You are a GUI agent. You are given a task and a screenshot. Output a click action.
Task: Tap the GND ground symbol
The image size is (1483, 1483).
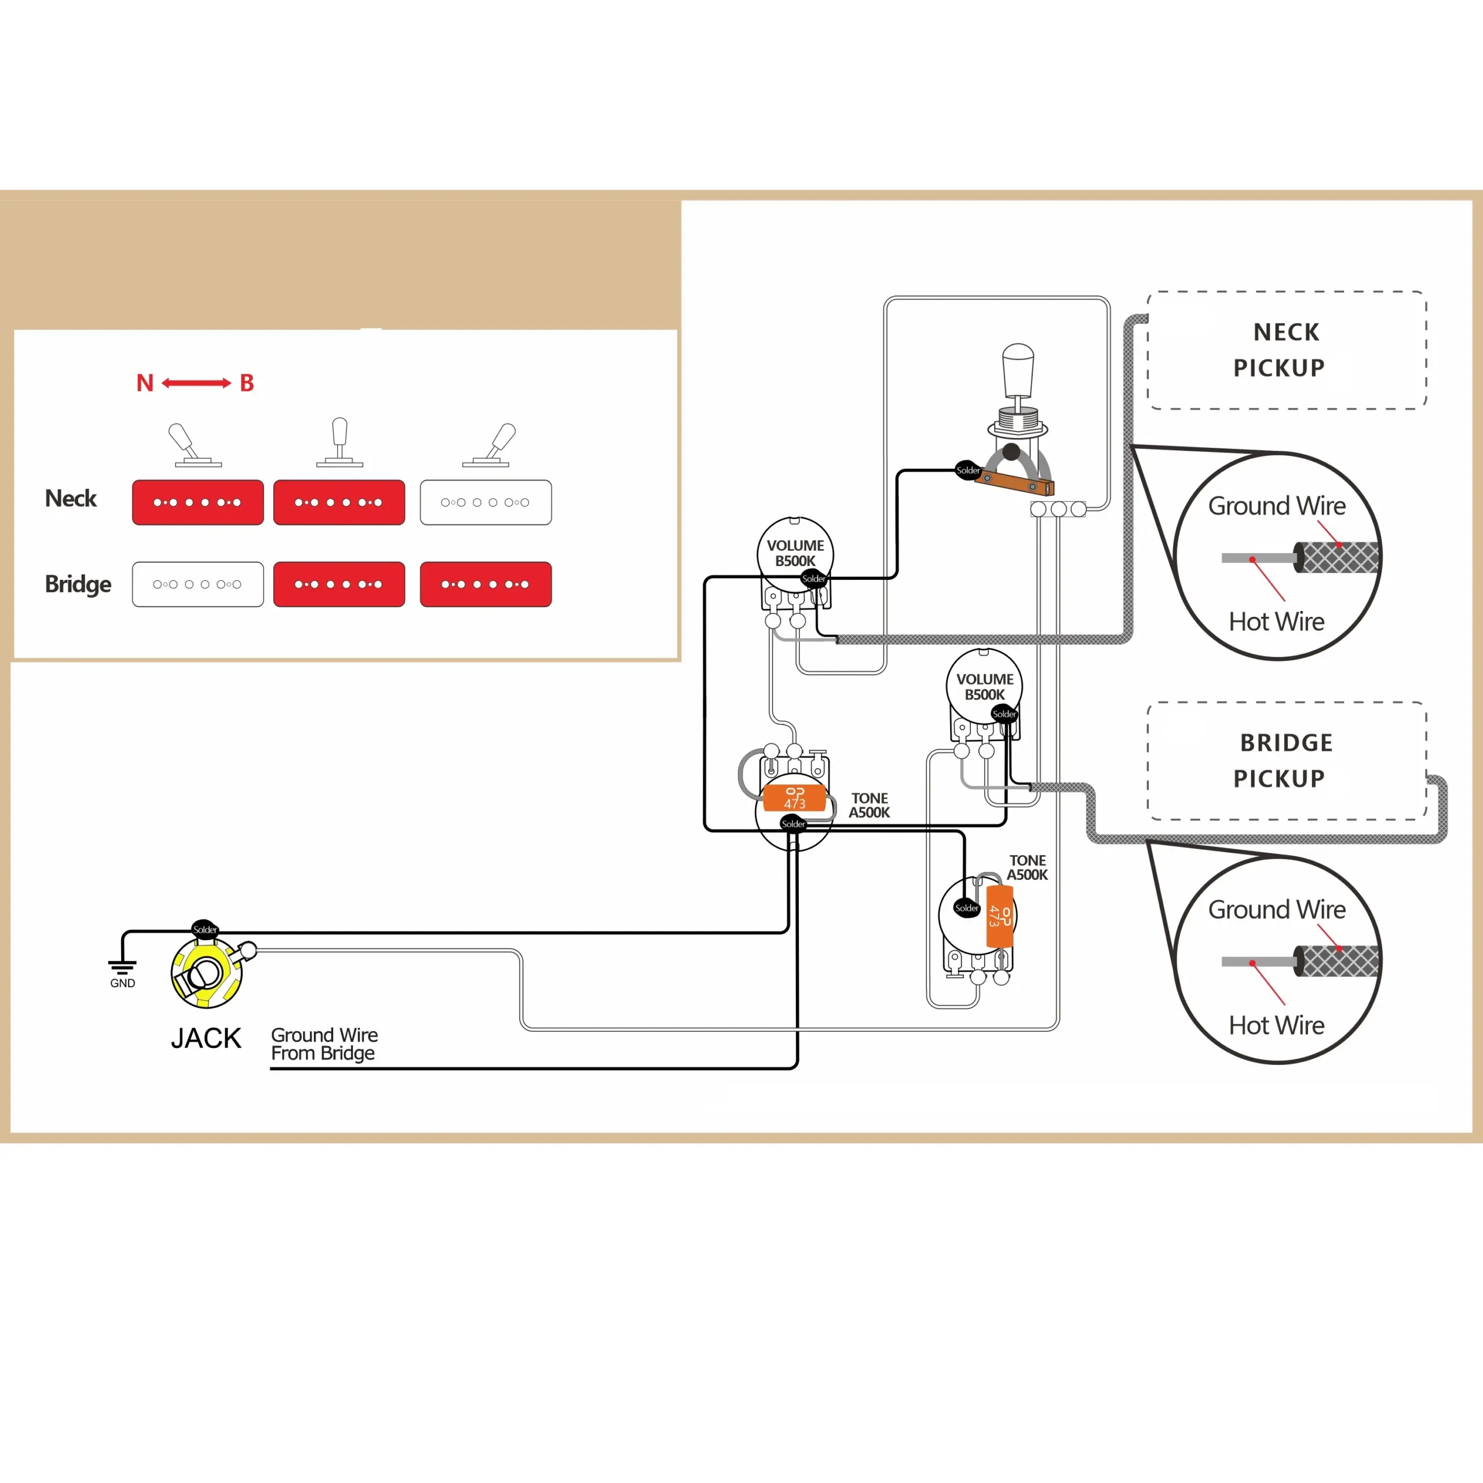point(122,968)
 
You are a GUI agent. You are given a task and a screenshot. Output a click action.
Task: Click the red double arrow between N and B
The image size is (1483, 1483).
point(196,383)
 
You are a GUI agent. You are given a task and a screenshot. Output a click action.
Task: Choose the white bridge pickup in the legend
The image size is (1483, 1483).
point(198,584)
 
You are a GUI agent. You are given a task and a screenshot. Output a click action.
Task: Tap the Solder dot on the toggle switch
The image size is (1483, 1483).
point(968,470)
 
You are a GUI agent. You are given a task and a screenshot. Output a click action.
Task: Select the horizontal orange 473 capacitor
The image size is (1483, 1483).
point(794,798)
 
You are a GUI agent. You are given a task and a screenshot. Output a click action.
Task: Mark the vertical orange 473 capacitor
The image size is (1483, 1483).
point(999,916)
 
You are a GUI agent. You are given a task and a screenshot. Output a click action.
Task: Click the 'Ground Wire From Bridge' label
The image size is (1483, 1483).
point(324,1044)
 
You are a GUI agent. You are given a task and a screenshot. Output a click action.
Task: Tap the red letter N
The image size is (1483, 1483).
point(144,383)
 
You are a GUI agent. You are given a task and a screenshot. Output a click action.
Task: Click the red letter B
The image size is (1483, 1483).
point(246,383)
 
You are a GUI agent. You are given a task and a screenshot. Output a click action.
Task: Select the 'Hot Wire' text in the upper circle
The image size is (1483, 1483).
point(1277,621)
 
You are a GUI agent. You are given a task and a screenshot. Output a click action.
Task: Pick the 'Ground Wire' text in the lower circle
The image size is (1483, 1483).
point(1277,909)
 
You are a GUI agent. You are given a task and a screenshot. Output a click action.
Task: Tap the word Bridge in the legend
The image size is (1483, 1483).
point(78,584)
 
